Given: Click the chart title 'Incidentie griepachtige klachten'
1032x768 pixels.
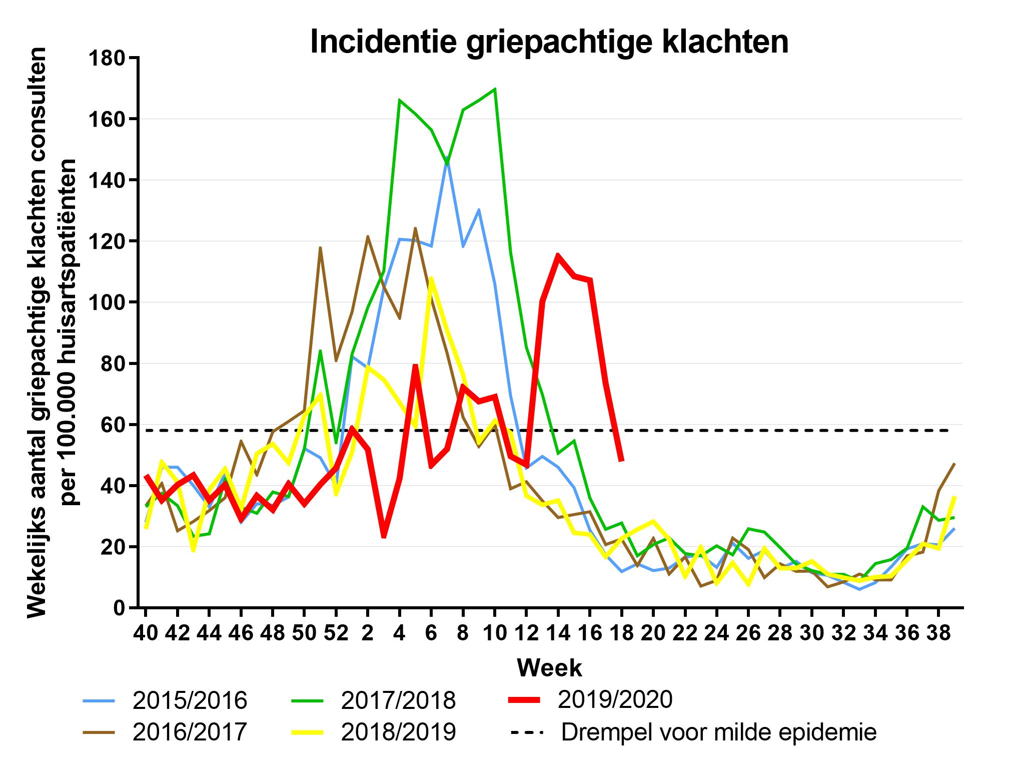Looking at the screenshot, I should [549, 42].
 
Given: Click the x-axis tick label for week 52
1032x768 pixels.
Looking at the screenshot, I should [336, 633].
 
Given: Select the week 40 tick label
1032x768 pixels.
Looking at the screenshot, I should [145, 633].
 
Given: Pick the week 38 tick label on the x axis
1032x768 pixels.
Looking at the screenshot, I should [938, 633].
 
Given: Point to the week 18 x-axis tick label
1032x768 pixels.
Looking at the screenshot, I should [621, 633].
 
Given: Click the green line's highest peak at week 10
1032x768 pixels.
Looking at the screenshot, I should [495, 89].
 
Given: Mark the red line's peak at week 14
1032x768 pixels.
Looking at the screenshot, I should [558, 255].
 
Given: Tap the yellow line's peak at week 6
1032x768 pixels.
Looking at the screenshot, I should [431, 278].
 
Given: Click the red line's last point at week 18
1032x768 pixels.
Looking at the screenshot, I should [621, 461].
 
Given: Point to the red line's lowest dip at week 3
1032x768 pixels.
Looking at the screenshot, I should [384, 537].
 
